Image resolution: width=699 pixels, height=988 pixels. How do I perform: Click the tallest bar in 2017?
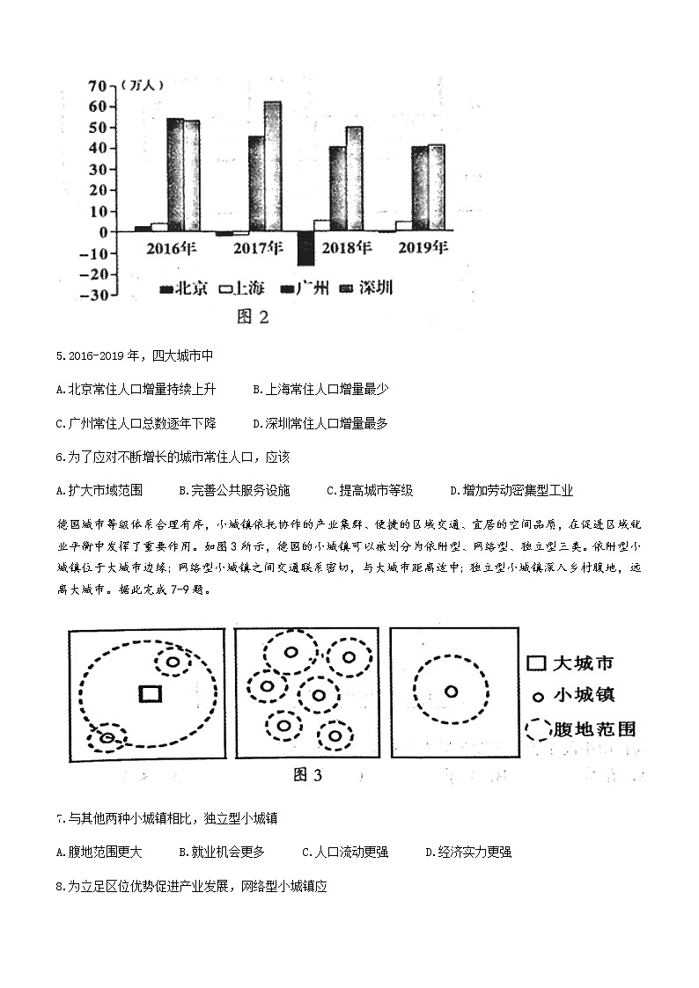point(272,166)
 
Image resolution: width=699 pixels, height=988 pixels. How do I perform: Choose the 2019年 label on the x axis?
point(423,247)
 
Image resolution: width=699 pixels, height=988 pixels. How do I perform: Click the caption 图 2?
point(253,317)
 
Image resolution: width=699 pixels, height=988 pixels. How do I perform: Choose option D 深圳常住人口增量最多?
point(320,423)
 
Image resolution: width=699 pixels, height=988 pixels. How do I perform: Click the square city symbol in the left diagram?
point(151,693)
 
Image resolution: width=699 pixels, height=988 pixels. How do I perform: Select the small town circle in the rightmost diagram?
point(452,692)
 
